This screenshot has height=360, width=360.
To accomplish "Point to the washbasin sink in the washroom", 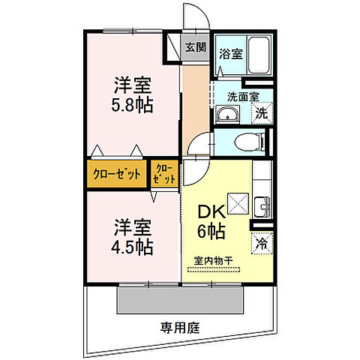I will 226,115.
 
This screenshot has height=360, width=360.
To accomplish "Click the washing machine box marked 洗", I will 262,113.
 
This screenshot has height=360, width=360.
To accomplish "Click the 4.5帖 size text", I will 135,246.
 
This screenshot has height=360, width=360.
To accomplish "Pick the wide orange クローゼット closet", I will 117,174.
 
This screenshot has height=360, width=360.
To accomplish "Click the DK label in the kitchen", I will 209,212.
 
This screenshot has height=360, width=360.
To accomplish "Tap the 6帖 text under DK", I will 211,231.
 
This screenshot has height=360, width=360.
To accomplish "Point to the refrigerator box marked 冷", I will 262,243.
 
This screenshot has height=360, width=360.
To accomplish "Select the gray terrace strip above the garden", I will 180,301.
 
